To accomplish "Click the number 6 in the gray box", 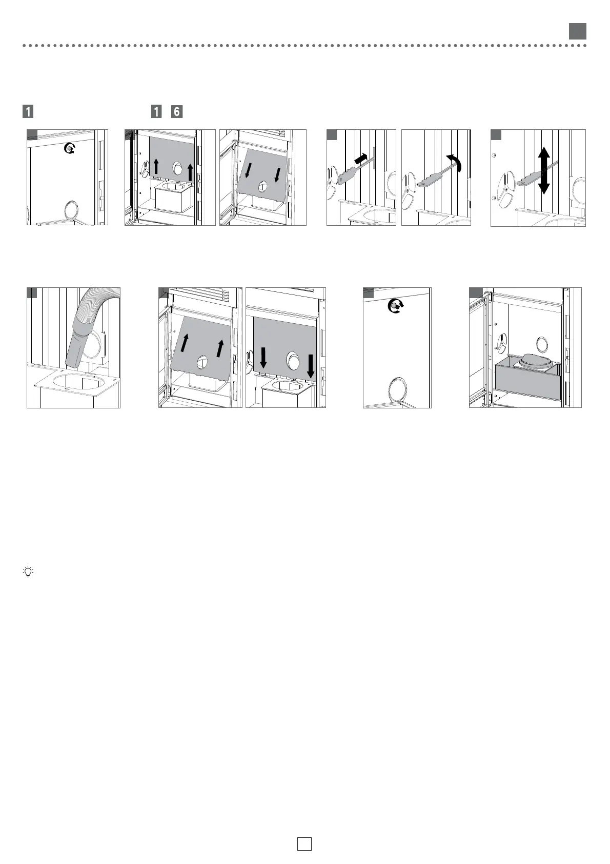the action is pos(177,111).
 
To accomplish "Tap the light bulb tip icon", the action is pos(28,572).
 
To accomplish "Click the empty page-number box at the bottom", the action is pos(304,843).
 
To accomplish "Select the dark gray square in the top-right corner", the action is pos(578,31).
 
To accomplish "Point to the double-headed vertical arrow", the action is pos(544,171).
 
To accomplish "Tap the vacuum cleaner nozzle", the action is pos(77,351).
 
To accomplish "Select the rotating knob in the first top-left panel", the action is pos(69,148).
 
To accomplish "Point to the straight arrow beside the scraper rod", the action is pos(361,159).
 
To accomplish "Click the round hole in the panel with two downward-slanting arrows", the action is pos(263,186).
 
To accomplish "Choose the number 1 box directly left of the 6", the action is pos(156,111).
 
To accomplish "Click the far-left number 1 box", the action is pos(28,111).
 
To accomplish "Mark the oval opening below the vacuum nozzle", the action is pos(76,381).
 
